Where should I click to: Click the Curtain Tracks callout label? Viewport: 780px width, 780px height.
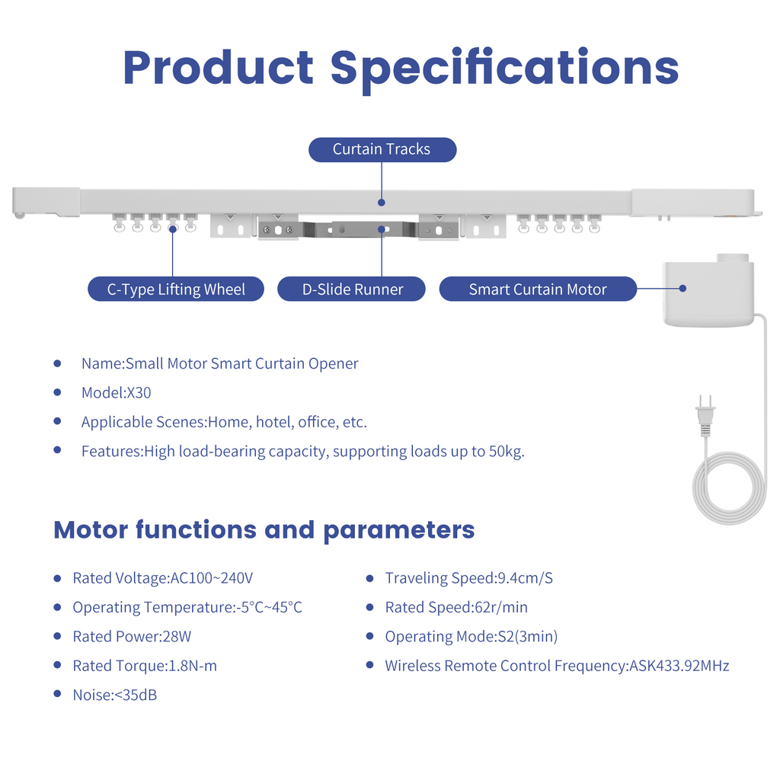tap(382, 150)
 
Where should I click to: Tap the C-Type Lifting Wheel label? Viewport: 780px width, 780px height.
tap(176, 289)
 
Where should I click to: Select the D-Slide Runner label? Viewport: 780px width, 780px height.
tap(351, 289)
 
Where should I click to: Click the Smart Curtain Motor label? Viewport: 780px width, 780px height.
tap(538, 289)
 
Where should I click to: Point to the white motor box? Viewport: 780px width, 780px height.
tap(709, 292)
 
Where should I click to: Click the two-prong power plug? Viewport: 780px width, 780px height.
tap(705, 416)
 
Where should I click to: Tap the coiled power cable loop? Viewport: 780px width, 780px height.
tap(730, 488)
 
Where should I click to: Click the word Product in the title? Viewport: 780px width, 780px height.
tap(219, 69)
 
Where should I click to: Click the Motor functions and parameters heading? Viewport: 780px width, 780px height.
tap(264, 530)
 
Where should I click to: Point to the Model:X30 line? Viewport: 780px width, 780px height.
tap(116, 392)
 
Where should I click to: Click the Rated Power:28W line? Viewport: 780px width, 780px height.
tap(132, 636)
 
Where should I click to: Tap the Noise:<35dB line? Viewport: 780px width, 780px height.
tap(115, 695)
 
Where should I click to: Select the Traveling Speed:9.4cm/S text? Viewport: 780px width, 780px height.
tap(468, 578)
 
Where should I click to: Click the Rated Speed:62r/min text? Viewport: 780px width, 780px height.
tap(456, 607)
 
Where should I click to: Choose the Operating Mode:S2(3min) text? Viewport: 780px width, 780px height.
tap(471, 637)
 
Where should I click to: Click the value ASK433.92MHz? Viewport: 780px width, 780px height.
tap(679, 666)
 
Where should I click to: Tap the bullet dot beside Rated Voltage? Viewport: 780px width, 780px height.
tap(57, 579)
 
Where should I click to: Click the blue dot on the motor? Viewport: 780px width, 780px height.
tap(682, 289)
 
